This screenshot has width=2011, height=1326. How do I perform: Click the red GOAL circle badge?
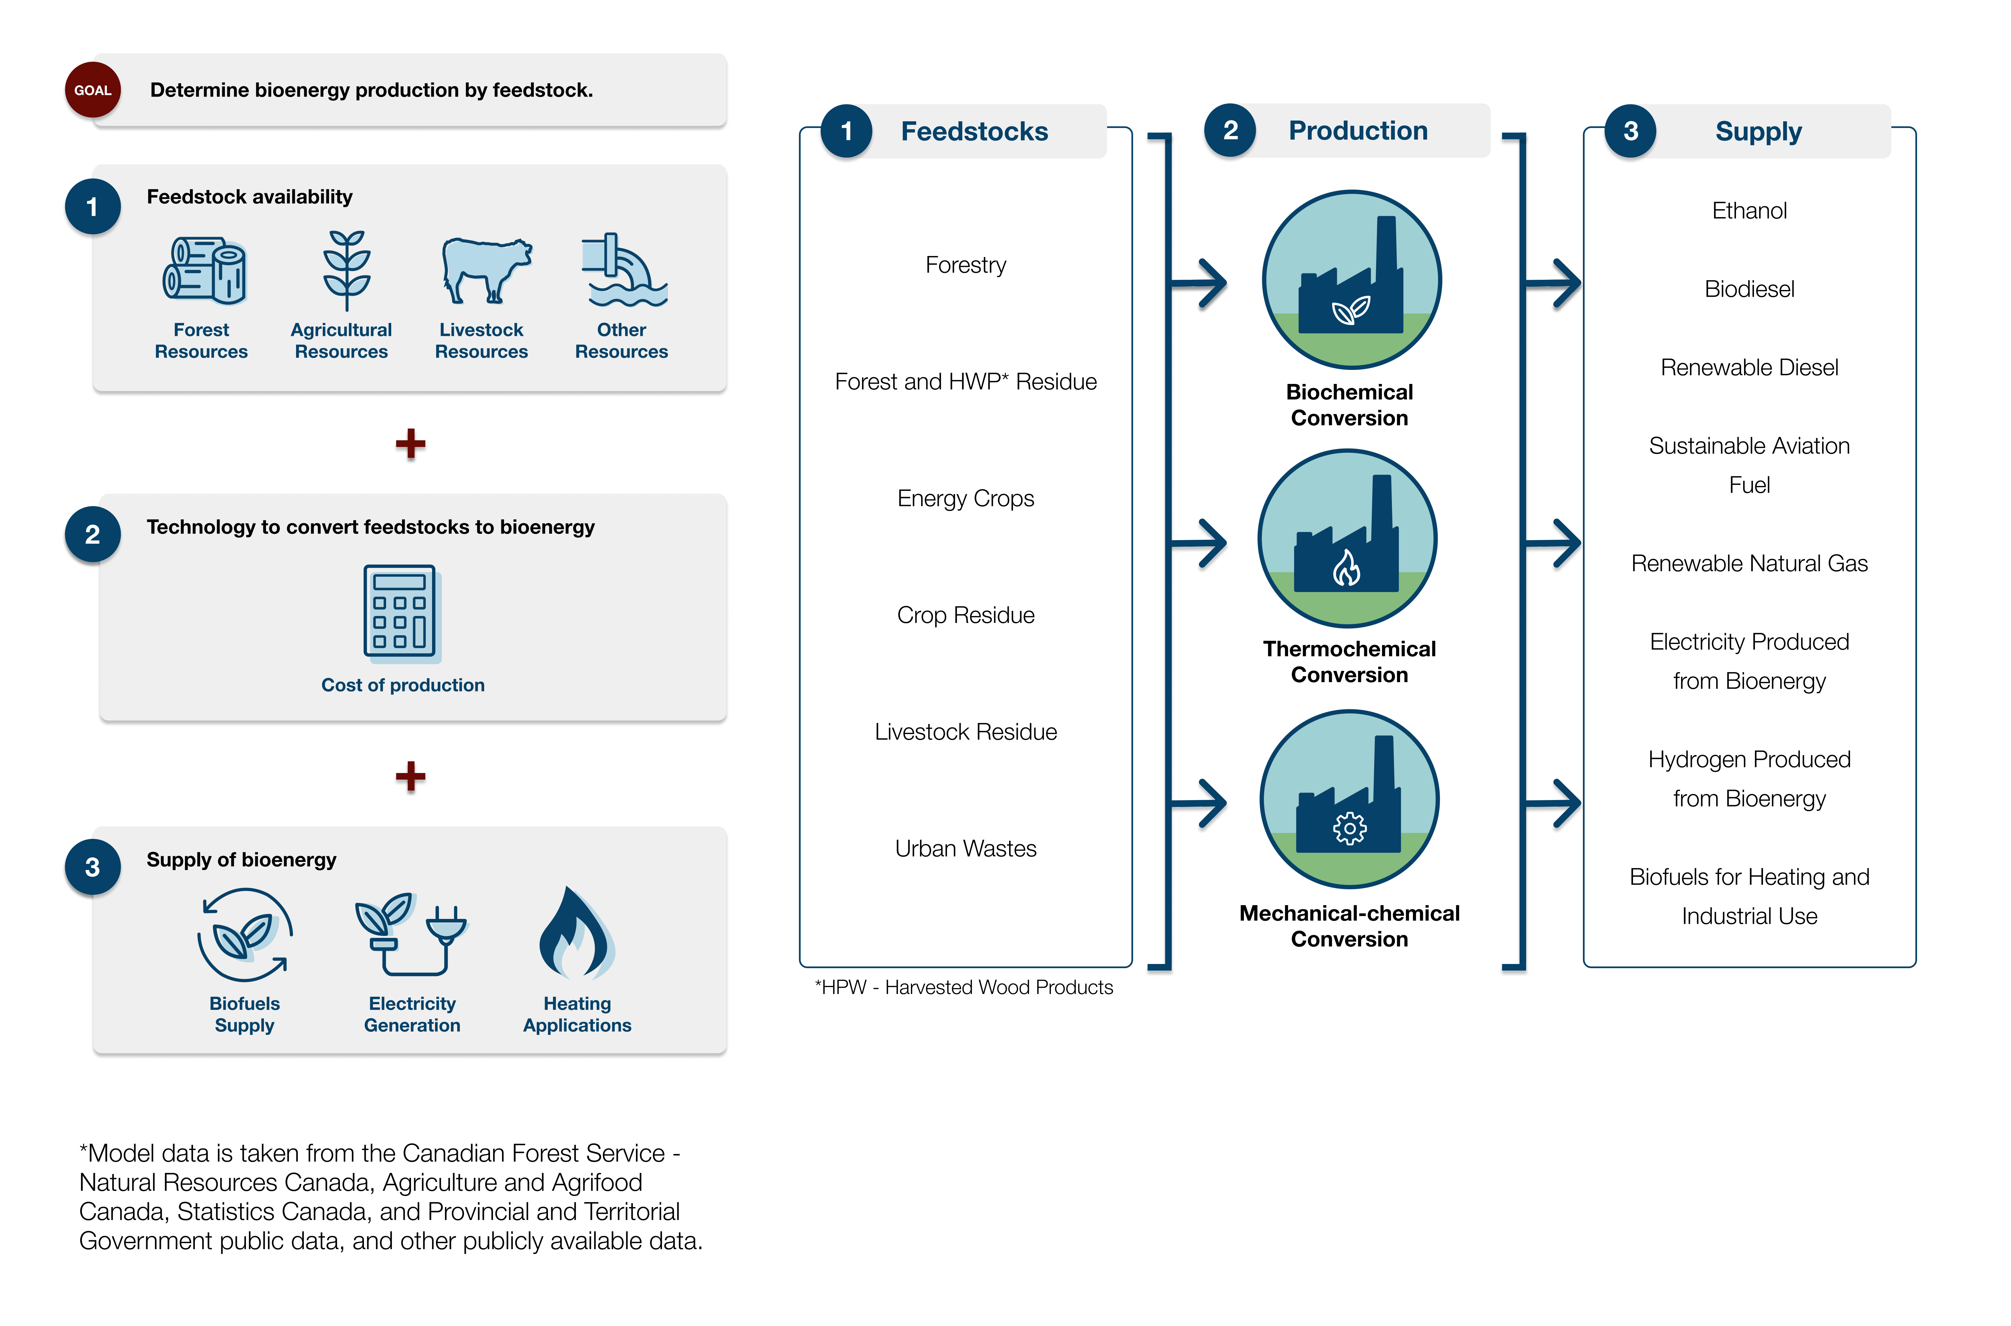[x=92, y=90]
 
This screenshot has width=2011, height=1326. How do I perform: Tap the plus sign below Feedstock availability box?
[x=410, y=443]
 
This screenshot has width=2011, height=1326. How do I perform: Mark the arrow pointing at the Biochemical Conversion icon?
[x=1201, y=283]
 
